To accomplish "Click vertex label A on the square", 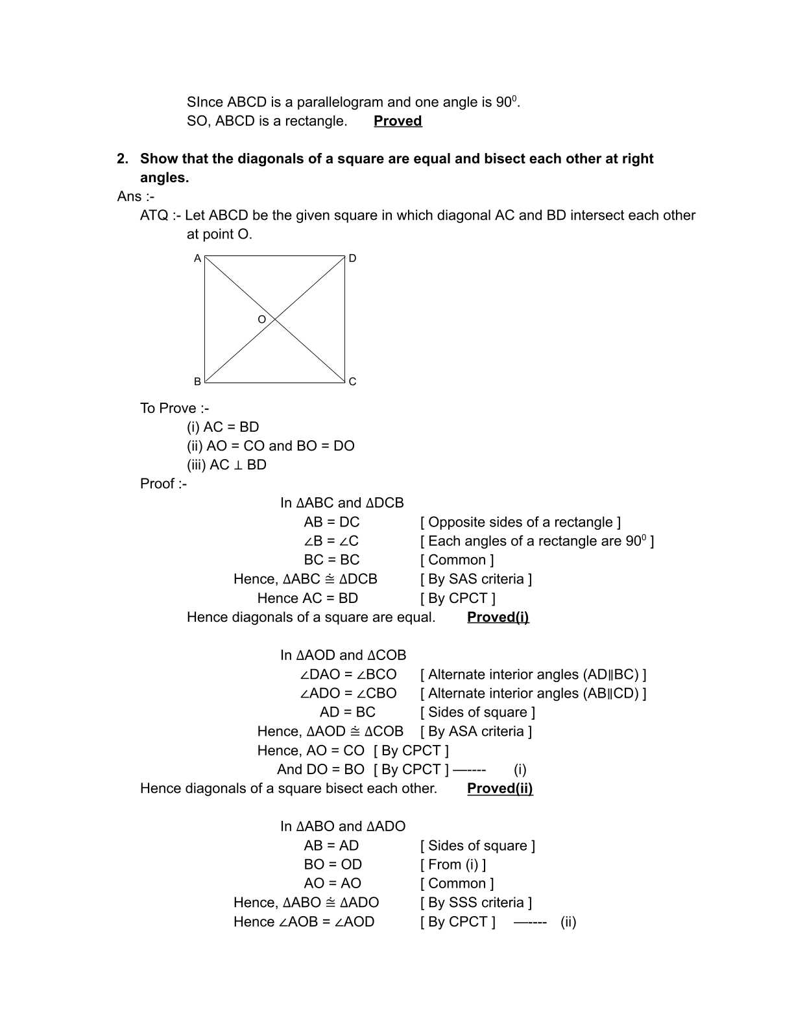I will coord(197,258).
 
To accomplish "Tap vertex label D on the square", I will coord(352,258).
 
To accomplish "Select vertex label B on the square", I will coord(197,381).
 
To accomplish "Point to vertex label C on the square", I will coord(352,381).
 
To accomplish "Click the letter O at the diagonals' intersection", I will coord(261,320).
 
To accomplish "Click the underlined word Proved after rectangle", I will coord(398,121).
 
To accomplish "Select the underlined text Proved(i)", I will coord(498,617).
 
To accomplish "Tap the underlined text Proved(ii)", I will coord(499,788).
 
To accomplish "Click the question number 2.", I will coord(122,159).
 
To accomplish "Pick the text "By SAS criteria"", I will coord(476,579).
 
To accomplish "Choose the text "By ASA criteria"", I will coord(476,731).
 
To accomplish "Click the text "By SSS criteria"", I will coord(476,903).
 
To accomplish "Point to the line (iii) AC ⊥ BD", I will coord(226,465).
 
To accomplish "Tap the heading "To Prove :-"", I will coord(174,408).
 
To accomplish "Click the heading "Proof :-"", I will coord(163,484).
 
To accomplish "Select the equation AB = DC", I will coord(331,523).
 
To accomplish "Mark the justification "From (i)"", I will coord(453,864).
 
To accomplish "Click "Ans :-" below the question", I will coord(136,196).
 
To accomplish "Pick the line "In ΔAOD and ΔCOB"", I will coord(343,655).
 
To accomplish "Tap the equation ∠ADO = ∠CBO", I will coord(348,693).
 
